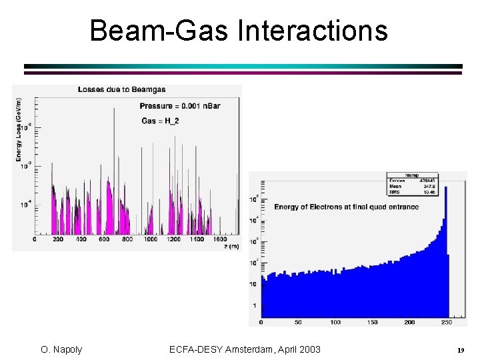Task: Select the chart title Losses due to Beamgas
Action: (122, 89)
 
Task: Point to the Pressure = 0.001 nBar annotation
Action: (179, 106)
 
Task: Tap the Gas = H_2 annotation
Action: (160, 121)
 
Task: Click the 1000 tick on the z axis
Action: (151, 239)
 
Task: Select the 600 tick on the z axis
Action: (104, 239)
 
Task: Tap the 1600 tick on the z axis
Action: (220, 239)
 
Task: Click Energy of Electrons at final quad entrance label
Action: (346, 207)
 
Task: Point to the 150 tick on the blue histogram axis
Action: (372, 322)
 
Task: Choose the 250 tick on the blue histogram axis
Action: (446, 322)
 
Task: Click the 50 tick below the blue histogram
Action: (297, 322)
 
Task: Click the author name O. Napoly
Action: (61, 349)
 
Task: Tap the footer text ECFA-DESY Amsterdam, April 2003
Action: (245, 349)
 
